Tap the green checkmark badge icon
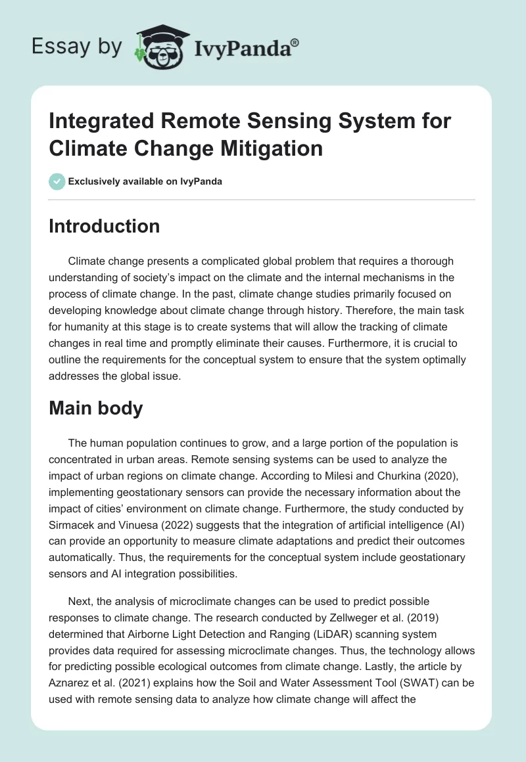[x=57, y=181]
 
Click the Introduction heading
[x=105, y=226]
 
